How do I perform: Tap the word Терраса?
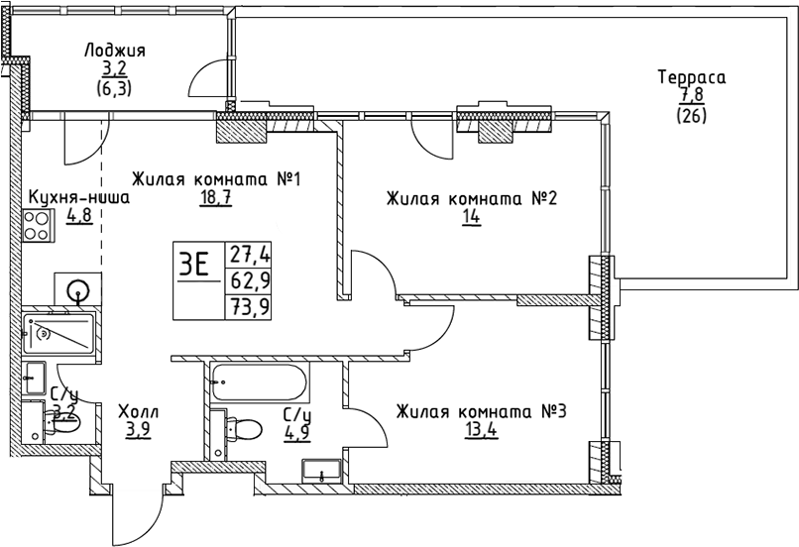coord(692,76)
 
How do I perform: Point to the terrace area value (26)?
coord(692,114)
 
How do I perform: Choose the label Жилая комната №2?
coord(472,199)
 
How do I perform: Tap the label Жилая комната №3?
coord(480,411)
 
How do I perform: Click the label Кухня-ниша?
coord(78,196)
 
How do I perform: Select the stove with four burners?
coord(39,227)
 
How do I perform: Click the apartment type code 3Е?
coord(195,265)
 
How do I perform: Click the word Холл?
coord(138,411)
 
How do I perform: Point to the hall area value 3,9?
coord(138,430)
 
